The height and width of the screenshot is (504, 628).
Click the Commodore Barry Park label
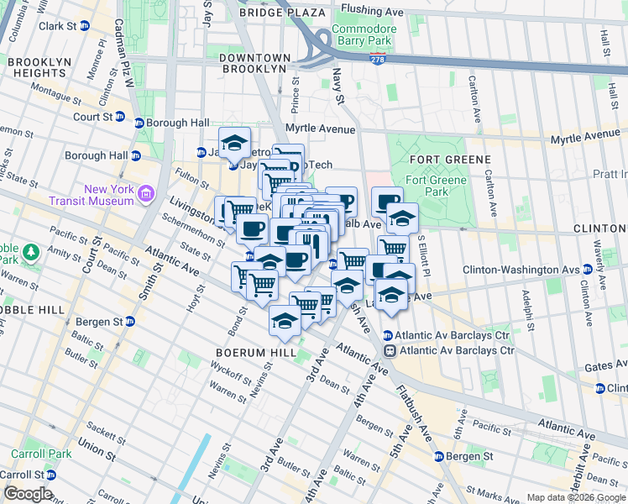[363, 34]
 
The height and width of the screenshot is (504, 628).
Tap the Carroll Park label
[29, 454]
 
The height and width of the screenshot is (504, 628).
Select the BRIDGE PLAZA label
[282, 13]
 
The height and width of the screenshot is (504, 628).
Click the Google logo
[27, 494]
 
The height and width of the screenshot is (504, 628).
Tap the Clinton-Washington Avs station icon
[587, 270]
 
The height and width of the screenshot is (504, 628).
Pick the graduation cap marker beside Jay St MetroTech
[235, 140]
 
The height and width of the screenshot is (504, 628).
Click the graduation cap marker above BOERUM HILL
[285, 320]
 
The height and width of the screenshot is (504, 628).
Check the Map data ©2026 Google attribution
[576, 497]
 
